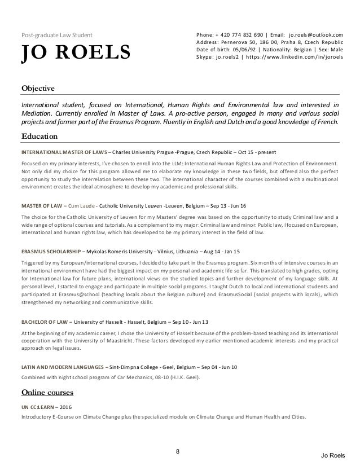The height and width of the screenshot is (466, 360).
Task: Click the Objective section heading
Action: pos(38,89)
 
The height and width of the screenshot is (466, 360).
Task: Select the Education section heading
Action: pos(39,136)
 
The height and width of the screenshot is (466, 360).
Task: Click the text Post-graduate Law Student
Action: pos(53,34)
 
